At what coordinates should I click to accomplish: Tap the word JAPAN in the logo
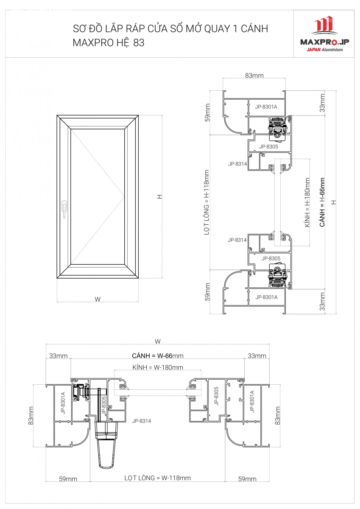(x=313, y=50)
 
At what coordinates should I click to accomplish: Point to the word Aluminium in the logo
(x=332, y=50)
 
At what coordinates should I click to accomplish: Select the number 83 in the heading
(x=139, y=42)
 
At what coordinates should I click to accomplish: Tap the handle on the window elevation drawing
(x=64, y=209)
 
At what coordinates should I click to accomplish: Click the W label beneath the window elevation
(x=98, y=299)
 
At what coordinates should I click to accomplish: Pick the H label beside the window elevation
(x=160, y=196)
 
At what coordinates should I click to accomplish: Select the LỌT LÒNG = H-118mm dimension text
(x=206, y=202)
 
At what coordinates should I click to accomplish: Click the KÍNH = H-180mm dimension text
(x=307, y=202)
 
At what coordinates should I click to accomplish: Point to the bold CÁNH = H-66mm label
(x=322, y=202)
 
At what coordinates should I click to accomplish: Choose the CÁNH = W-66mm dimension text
(x=158, y=355)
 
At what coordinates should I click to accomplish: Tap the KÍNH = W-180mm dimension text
(x=158, y=367)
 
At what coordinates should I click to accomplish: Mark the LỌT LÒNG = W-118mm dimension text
(x=157, y=478)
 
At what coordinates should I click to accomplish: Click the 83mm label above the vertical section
(x=254, y=76)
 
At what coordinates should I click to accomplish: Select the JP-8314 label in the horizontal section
(x=142, y=421)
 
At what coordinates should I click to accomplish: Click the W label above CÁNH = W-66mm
(x=158, y=341)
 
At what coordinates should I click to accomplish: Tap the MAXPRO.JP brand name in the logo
(x=324, y=42)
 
